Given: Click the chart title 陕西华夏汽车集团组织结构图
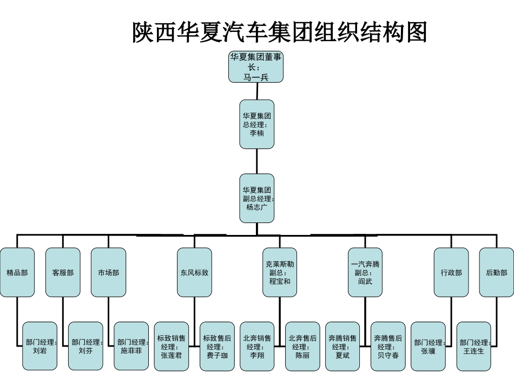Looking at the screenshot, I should pos(280,32).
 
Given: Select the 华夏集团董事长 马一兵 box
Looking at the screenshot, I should pos(257,67).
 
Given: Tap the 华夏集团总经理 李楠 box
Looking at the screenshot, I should pos(257,124).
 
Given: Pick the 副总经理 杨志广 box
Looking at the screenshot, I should pos(257,198).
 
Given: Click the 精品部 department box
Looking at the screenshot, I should pos(17,272).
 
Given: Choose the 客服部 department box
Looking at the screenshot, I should pos(63,272).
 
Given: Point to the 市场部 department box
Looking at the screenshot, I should pos(108,272).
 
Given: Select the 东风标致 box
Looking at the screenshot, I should pos(194,272).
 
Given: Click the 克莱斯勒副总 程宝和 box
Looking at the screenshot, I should pos(280,272).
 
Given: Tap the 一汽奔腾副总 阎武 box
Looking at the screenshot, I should pos(365,272).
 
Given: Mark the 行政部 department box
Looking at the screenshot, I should pos(451,272).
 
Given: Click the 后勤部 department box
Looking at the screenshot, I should pos(496,272).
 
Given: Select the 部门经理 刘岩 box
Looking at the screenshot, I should pos(40,346).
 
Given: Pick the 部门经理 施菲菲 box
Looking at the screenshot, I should pos(131,346).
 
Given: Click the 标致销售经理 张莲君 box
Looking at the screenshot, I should pos(172,346).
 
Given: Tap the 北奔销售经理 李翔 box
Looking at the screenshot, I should pos(258,346).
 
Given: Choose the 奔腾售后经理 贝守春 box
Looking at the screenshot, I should pos(388,346).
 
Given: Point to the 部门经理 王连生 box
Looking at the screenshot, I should pos(474,346).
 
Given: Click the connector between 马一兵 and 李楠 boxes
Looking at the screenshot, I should pos(257,91).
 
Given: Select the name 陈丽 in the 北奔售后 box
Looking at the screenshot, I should pos(303,356).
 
